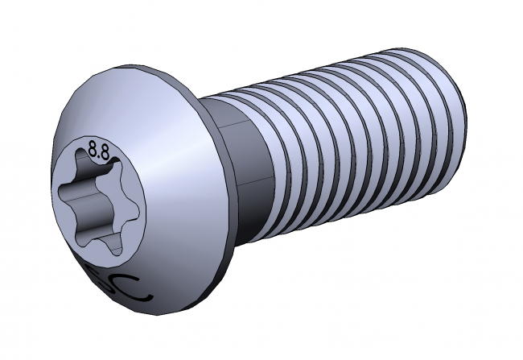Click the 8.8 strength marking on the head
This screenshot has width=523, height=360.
coord(99,149)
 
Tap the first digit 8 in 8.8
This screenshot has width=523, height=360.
coord(93,149)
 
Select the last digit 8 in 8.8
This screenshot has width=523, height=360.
coord(105,150)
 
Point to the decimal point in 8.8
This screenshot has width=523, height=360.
coord(100,153)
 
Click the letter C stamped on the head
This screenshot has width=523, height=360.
coord(130,287)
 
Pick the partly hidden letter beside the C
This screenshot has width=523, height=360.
coord(105,277)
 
